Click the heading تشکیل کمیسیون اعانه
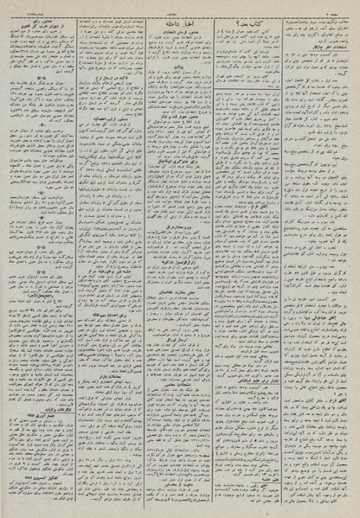(x=36, y=476)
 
